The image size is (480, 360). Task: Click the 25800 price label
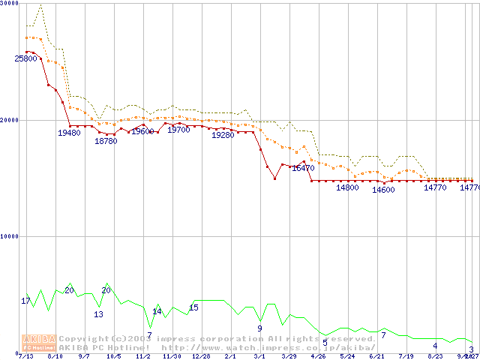point(26,58)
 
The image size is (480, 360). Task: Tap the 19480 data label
point(69,133)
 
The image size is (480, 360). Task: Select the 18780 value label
point(106,141)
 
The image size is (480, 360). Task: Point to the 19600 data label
point(142,131)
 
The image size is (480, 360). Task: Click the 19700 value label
point(178,130)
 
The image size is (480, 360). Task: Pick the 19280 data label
point(223,136)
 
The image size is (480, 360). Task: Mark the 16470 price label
point(303,169)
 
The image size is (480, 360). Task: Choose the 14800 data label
point(347,187)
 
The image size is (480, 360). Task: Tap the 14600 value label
point(383,190)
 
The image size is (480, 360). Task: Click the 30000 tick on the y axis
point(9,3)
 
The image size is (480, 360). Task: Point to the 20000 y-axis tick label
point(9,119)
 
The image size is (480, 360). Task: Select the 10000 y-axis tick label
point(9,235)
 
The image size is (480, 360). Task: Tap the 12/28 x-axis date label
point(201,357)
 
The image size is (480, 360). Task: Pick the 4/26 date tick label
point(318,357)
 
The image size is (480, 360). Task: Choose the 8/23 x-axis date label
point(435,357)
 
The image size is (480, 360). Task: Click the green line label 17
point(25,301)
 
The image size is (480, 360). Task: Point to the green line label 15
point(193,307)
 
